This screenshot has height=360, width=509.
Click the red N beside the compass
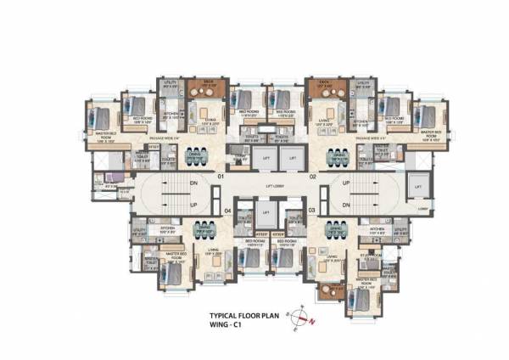tap(311, 321)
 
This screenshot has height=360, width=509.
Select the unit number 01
tap(219, 177)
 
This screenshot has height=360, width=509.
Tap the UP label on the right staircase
tap(345, 183)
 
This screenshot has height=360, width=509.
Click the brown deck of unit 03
tap(328, 292)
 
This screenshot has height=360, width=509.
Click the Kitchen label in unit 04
tap(167, 228)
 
